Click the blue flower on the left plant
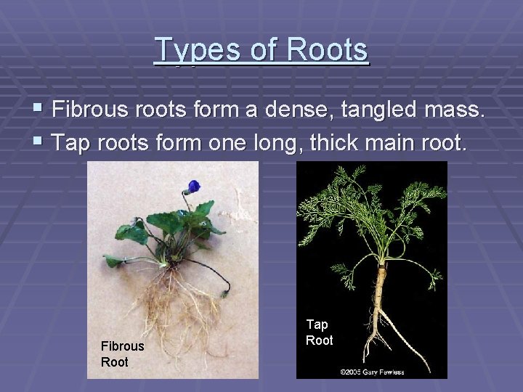[x=193, y=187]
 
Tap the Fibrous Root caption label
[x=122, y=354]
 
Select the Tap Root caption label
[x=319, y=332]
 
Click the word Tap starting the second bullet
[x=70, y=142]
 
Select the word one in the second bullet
[x=226, y=142]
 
